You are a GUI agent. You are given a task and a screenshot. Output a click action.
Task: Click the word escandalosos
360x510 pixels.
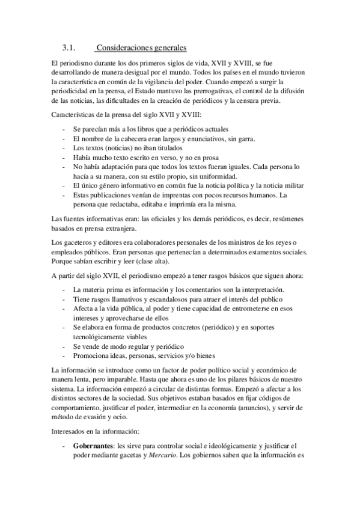pyautogui.click(x=163, y=298)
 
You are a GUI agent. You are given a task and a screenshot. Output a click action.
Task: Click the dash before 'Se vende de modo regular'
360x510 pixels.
pyautogui.click(x=64, y=346)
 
